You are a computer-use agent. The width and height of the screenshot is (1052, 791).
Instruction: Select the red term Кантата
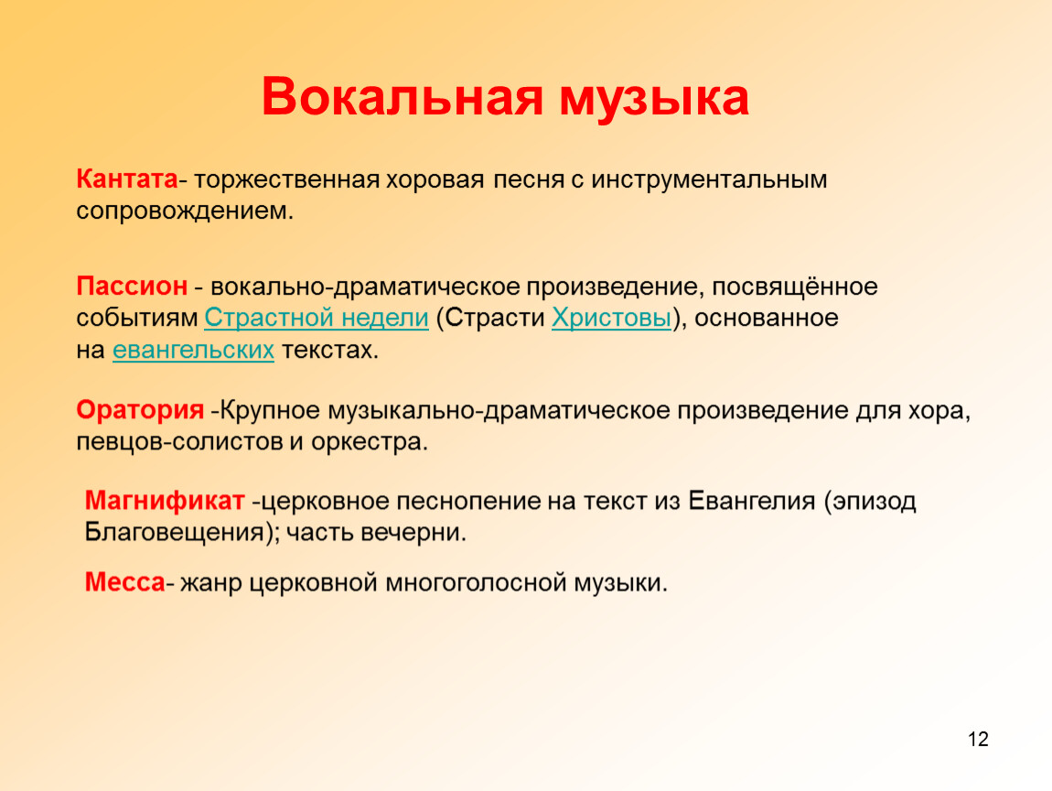127,179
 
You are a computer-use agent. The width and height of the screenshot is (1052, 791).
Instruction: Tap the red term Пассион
132,286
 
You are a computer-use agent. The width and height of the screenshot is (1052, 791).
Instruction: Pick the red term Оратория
140,409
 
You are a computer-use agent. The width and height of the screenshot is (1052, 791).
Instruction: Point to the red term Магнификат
165,501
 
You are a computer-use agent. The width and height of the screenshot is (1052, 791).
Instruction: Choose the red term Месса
124,581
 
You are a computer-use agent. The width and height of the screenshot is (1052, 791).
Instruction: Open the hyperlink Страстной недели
316,318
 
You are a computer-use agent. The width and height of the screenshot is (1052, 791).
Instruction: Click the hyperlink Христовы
611,318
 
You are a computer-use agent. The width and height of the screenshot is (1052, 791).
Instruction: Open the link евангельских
193,349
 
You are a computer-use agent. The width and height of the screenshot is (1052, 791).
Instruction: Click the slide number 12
978,739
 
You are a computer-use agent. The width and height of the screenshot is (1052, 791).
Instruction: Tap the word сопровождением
185,211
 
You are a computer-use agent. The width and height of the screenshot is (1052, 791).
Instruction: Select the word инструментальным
709,180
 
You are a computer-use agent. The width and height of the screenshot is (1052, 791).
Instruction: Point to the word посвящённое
795,287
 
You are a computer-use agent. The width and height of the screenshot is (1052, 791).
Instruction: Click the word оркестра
369,442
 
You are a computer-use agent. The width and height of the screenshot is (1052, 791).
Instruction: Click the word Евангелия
751,501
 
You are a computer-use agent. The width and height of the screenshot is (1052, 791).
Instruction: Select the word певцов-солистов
179,442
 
